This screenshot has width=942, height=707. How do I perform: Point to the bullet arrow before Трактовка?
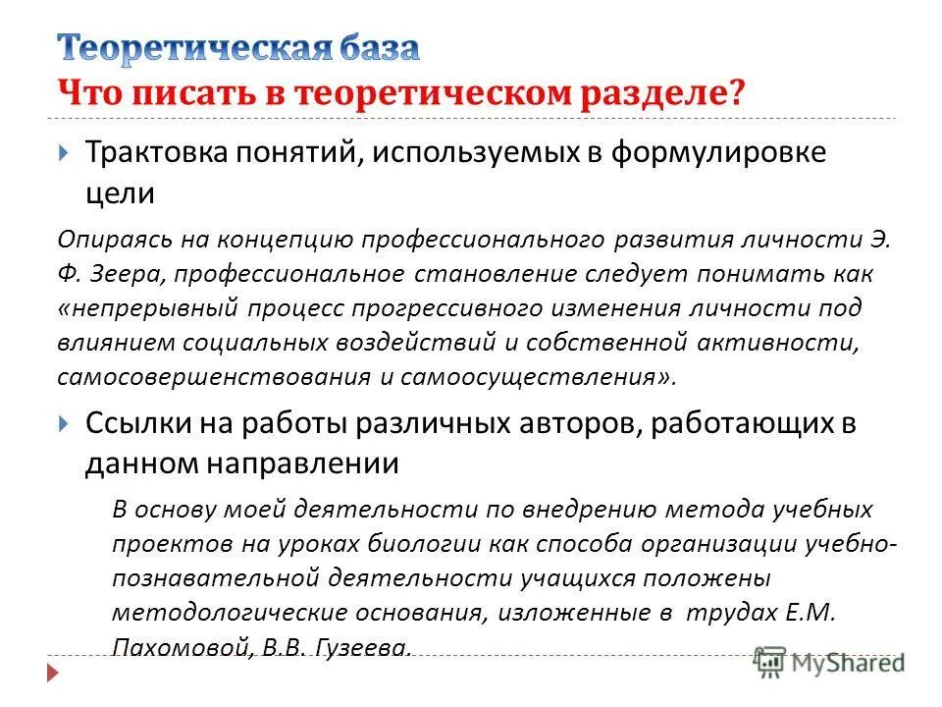63,153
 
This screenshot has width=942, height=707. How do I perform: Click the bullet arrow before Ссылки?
63,423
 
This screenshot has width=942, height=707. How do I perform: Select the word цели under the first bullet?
119,192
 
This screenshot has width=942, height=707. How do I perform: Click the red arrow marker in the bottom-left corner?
50,673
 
